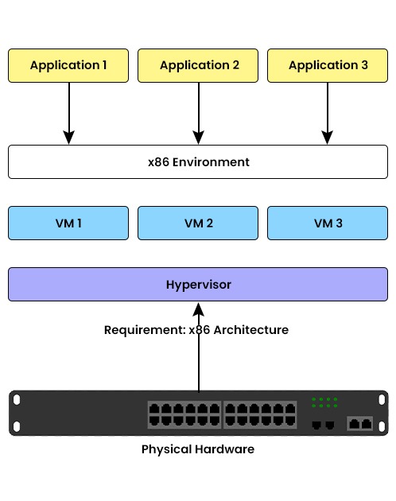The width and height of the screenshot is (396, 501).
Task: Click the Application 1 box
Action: (x=68, y=65)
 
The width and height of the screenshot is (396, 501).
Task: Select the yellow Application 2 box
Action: (x=198, y=65)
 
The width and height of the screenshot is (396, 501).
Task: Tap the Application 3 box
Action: (x=328, y=65)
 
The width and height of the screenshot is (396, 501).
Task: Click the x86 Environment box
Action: (x=198, y=162)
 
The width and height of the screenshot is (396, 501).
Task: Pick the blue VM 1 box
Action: (x=68, y=223)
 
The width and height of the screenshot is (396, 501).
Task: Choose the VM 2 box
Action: (x=198, y=223)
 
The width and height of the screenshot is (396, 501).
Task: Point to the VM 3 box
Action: (x=328, y=223)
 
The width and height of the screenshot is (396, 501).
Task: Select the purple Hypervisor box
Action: (x=198, y=284)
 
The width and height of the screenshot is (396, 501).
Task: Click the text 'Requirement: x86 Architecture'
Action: (x=196, y=329)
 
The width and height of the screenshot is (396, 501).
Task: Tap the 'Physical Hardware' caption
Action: (x=198, y=449)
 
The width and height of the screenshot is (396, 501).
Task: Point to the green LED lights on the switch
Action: (x=324, y=402)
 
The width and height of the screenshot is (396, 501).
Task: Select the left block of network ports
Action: (x=184, y=414)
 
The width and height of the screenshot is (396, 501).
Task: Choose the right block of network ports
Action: (x=260, y=414)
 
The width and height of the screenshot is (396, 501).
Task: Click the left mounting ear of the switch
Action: (x=14, y=413)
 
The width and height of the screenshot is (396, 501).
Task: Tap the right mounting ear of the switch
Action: (x=383, y=413)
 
